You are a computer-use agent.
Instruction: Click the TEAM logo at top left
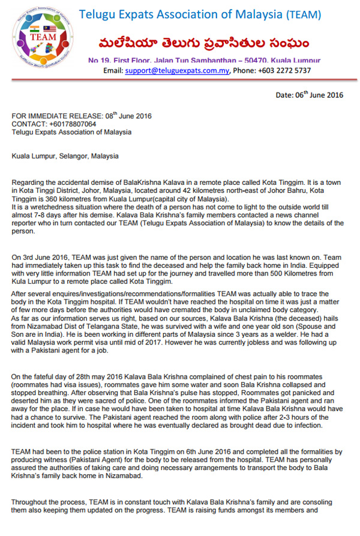click(41, 38)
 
